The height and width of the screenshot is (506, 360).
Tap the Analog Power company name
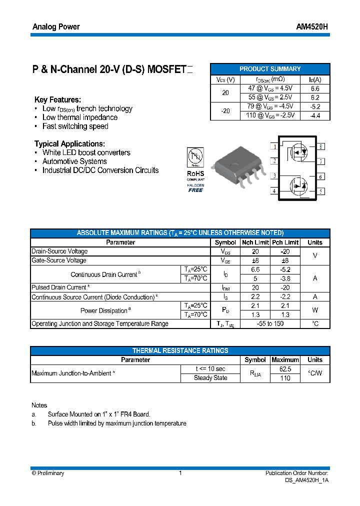coord(56,26)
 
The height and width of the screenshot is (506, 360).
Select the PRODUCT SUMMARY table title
coord(270,69)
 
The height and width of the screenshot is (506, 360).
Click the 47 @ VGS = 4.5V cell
coord(270,88)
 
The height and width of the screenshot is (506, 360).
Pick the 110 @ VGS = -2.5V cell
coord(270,115)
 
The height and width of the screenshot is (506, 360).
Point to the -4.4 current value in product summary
coord(315,115)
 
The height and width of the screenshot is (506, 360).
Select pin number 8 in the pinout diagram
coord(320,146)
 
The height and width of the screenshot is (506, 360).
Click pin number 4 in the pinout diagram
coord(274,191)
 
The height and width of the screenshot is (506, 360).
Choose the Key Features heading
coord(57,99)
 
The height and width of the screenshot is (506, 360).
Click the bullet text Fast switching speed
coord(75,126)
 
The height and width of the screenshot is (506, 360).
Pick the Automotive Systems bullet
coord(74,161)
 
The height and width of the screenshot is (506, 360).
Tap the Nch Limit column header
coord(255,242)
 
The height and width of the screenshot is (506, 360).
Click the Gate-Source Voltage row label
coord(59,260)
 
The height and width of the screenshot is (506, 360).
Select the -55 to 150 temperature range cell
coord(270,324)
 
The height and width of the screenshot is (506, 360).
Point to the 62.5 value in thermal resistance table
coord(285,369)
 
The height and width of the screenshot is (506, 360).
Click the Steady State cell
coord(210,378)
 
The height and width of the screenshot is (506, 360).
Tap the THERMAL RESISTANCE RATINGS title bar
coord(180,350)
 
